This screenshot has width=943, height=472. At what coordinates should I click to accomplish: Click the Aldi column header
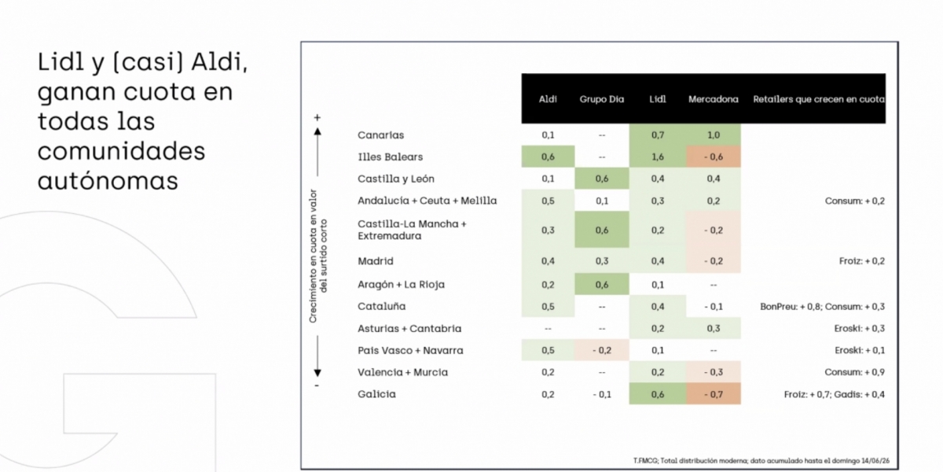[548, 99]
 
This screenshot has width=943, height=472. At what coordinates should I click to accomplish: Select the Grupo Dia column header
[602, 99]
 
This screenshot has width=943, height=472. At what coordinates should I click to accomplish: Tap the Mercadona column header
[714, 99]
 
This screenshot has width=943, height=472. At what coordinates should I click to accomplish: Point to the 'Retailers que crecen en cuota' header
[818, 99]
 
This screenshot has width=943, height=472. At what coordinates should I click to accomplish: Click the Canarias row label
[380, 135]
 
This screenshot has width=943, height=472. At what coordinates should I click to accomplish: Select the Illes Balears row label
[390, 157]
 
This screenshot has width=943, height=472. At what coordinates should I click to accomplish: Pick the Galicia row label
[376, 394]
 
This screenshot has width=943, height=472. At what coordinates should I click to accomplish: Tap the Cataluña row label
[381, 306]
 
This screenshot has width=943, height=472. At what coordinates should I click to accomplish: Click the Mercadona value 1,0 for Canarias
[714, 135]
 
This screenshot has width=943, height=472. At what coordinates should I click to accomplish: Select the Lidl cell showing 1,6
[658, 157]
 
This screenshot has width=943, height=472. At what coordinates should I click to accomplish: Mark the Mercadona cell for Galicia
[714, 394]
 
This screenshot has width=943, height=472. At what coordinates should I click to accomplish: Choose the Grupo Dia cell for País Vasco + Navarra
[602, 350]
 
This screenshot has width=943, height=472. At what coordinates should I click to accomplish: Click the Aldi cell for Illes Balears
[549, 157]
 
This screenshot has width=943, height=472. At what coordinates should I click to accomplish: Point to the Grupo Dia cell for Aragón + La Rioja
[602, 285]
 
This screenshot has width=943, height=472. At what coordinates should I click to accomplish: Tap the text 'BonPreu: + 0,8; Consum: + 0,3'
[822, 306]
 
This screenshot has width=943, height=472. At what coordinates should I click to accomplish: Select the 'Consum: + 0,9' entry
[854, 372]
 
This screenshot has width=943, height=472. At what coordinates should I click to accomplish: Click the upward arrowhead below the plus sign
[317, 131]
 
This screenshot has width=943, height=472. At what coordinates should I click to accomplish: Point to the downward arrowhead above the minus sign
[317, 373]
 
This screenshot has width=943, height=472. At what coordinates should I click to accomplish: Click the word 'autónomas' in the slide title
[108, 181]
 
